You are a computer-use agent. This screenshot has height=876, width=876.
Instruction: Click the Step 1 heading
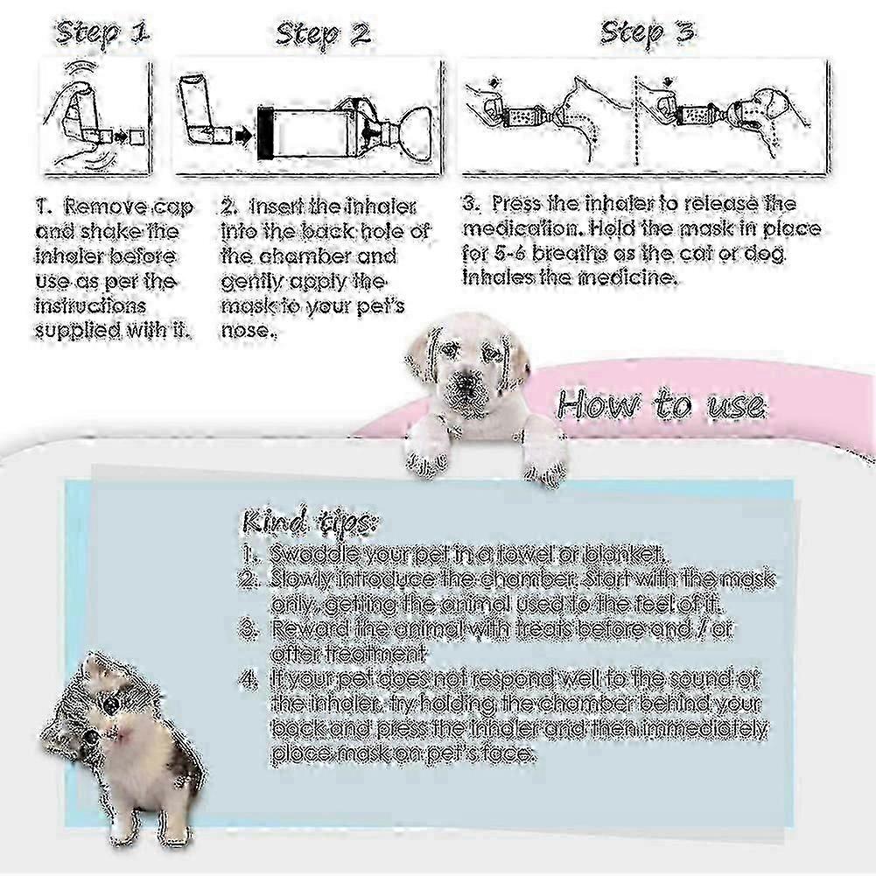click(x=102, y=34)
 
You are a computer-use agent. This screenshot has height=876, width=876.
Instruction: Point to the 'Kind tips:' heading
click(x=307, y=522)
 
